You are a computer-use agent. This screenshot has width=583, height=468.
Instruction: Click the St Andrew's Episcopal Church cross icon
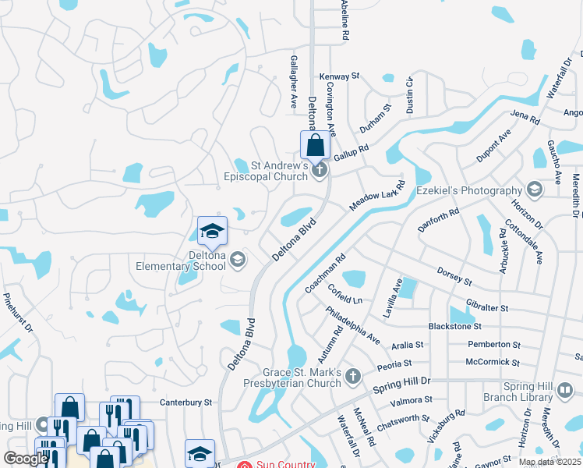click(x=318, y=169)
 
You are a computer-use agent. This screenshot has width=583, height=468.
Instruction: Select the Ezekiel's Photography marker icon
click(x=535, y=190)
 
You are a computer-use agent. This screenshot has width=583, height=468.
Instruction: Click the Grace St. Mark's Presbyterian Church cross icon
click(x=353, y=378)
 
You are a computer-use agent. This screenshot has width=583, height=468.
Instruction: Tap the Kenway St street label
click(x=339, y=76)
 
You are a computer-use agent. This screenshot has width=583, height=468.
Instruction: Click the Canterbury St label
click(x=186, y=402)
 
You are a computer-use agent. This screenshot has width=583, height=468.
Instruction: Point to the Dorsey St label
click(x=455, y=276)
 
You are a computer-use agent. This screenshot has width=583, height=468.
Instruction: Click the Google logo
click(x=26, y=459)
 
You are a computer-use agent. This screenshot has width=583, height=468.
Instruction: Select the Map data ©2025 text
click(x=549, y=462)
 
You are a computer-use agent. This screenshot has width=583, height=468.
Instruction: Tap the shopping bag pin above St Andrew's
click(x=314, y=144)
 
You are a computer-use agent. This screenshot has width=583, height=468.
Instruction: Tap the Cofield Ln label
click(x=345, y=295)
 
